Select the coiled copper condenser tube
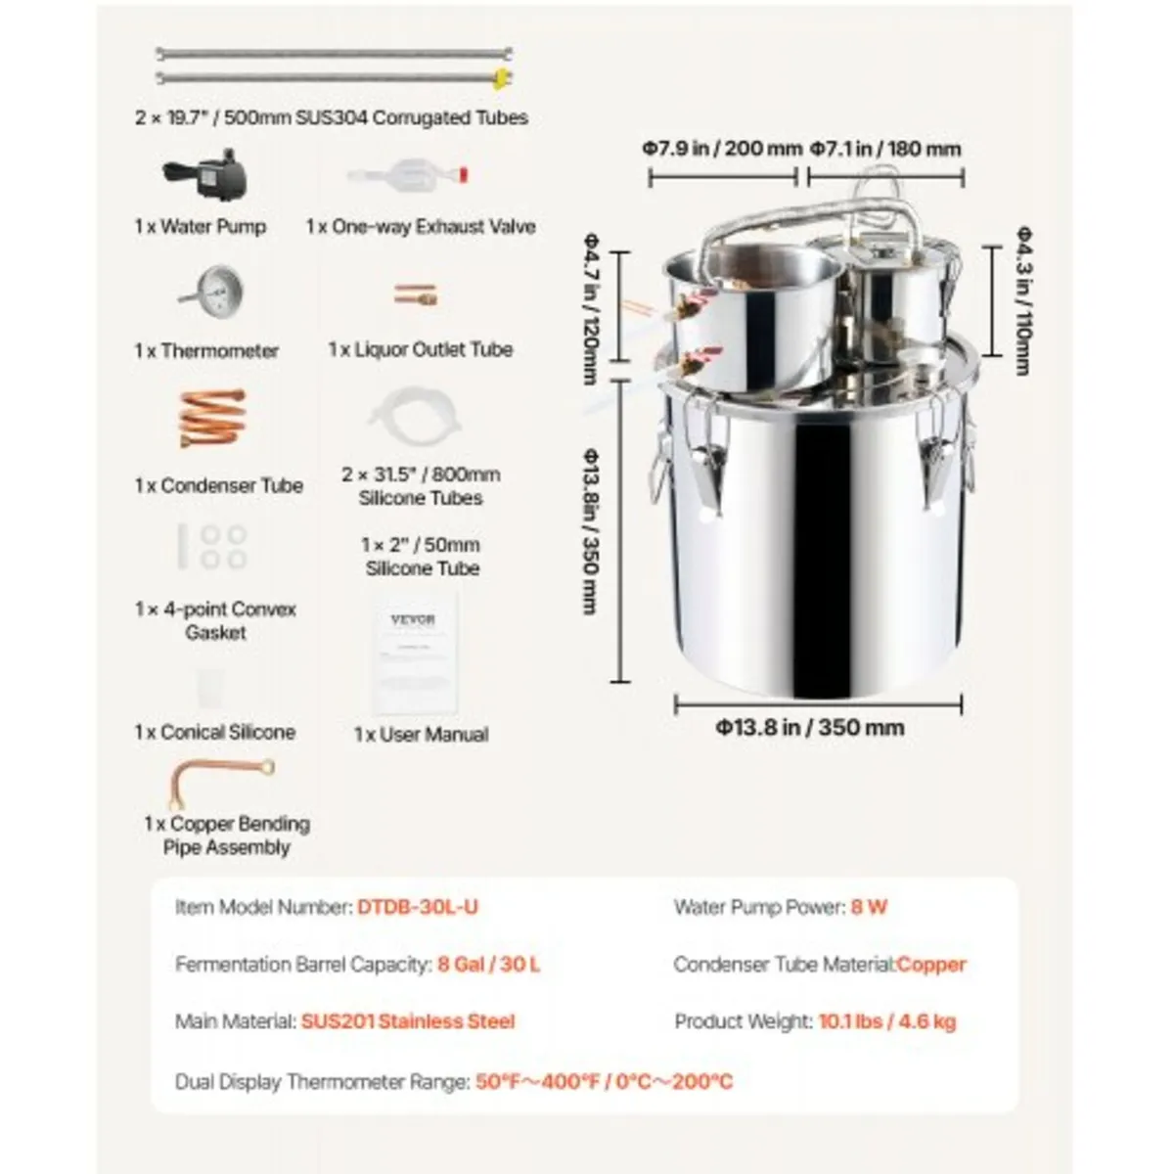coord(211,419)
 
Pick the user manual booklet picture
coord(414,651)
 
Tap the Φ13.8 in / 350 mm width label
coord(809,727)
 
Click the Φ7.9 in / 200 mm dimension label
coord(722,149)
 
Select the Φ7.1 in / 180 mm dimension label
coord(885,149)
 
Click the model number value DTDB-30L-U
coord(418,907)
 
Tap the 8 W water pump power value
coord(869,907)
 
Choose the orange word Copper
coord(931,965)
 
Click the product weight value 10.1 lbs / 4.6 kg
coord(887,1021)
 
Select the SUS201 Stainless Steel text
coord(408,1021)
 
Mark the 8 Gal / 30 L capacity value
coord(488,965)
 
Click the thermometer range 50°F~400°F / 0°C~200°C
coord(604,1081)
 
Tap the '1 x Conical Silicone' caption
coord(215,732)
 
